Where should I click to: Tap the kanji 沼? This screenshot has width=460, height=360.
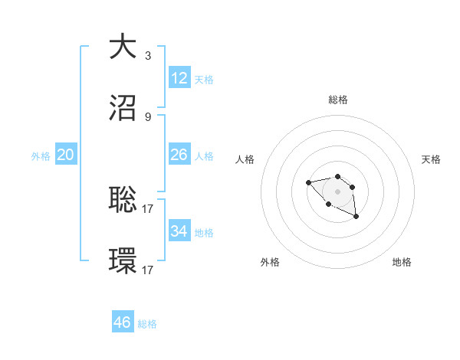[123, 108]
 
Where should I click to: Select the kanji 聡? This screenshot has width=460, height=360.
[123, 199]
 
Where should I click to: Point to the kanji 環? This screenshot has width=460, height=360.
[123, 262]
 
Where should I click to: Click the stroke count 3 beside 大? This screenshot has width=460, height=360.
[148, 55]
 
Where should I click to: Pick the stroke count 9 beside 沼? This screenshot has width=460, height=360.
[148, 117]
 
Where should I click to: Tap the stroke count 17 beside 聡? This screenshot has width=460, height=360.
[149, 208]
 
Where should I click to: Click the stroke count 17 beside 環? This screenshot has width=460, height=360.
[149, 270]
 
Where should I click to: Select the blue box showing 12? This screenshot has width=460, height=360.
[179, 78]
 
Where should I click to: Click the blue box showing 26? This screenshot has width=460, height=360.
[179, 155]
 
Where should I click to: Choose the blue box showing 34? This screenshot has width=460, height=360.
[179, 231]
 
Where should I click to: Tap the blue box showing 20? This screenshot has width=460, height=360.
[65, 155]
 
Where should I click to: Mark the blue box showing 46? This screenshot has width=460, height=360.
[123, 322]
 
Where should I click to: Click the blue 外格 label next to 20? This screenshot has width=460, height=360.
[41, 156]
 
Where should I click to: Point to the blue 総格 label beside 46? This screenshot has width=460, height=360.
[147, 324]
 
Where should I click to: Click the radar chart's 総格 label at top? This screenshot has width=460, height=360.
[337, 100]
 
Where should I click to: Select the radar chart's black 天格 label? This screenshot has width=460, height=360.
[431, 159]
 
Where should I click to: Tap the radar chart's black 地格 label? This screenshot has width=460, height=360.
[402, 262]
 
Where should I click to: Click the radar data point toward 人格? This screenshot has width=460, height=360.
[308, 182]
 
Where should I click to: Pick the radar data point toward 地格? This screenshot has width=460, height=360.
[356, 218]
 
